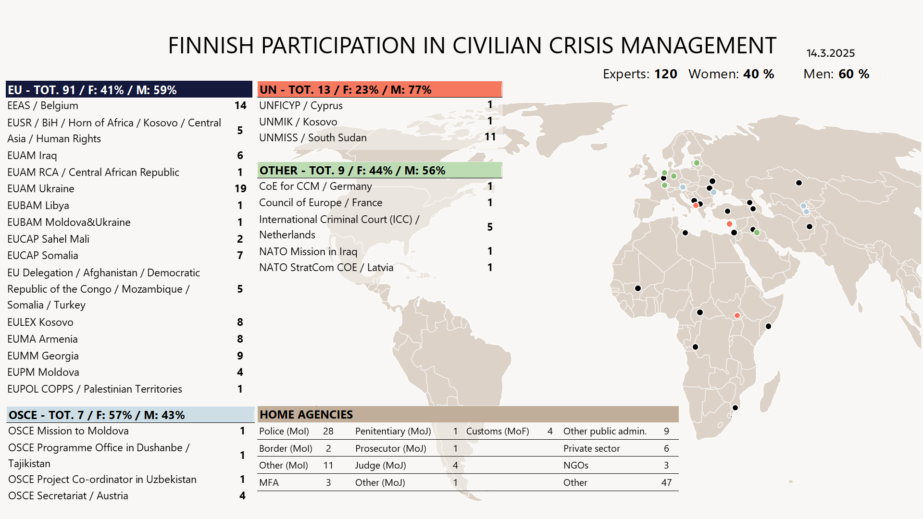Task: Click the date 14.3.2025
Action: click(x=830, y=53)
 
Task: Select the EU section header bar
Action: click(x=129, y=90)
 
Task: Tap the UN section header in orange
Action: click(x=380, y=90)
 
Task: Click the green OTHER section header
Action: click(x=380, y=171)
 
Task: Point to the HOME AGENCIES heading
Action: click(x=306, y=415)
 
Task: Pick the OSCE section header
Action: click(x=130, y=415)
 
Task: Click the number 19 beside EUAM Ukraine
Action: click(x=240, y=189)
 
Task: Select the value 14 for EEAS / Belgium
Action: click(x=240, y=106)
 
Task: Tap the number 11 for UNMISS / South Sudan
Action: click(x=490, y=137)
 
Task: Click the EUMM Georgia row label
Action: click(x=43, y=356)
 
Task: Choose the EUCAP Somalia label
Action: click(x=43, y=256)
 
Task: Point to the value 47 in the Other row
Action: click(x=666, y=483)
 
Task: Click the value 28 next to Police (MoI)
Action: click(x=328, y=432)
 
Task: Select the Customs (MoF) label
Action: click(x=498, y=432)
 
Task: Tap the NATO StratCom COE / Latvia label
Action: click(x=326, y=268)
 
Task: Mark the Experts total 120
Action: click(x=665, y=74)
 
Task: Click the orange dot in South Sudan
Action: click(x=737, y=316)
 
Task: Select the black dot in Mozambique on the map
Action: click(x=735, y=408)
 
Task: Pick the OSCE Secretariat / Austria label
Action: click(x=68, y=496)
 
